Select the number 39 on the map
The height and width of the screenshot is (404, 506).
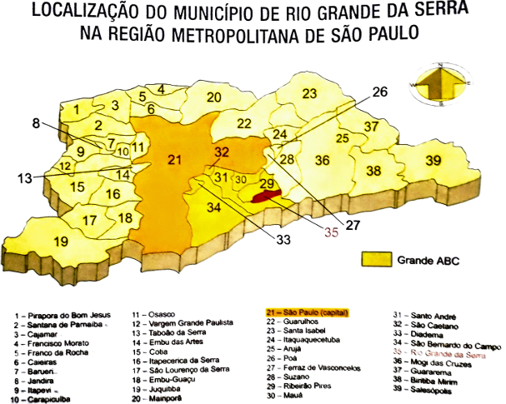(433, 161)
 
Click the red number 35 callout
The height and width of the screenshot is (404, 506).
(333, 234)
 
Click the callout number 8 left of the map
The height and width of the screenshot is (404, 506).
(36, 124)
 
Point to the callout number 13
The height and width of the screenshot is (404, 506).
(26, 177)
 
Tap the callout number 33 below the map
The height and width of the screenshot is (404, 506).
(283, 241)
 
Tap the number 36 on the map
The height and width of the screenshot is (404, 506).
(321, 160)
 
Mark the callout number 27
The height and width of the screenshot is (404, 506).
(353, 224)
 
